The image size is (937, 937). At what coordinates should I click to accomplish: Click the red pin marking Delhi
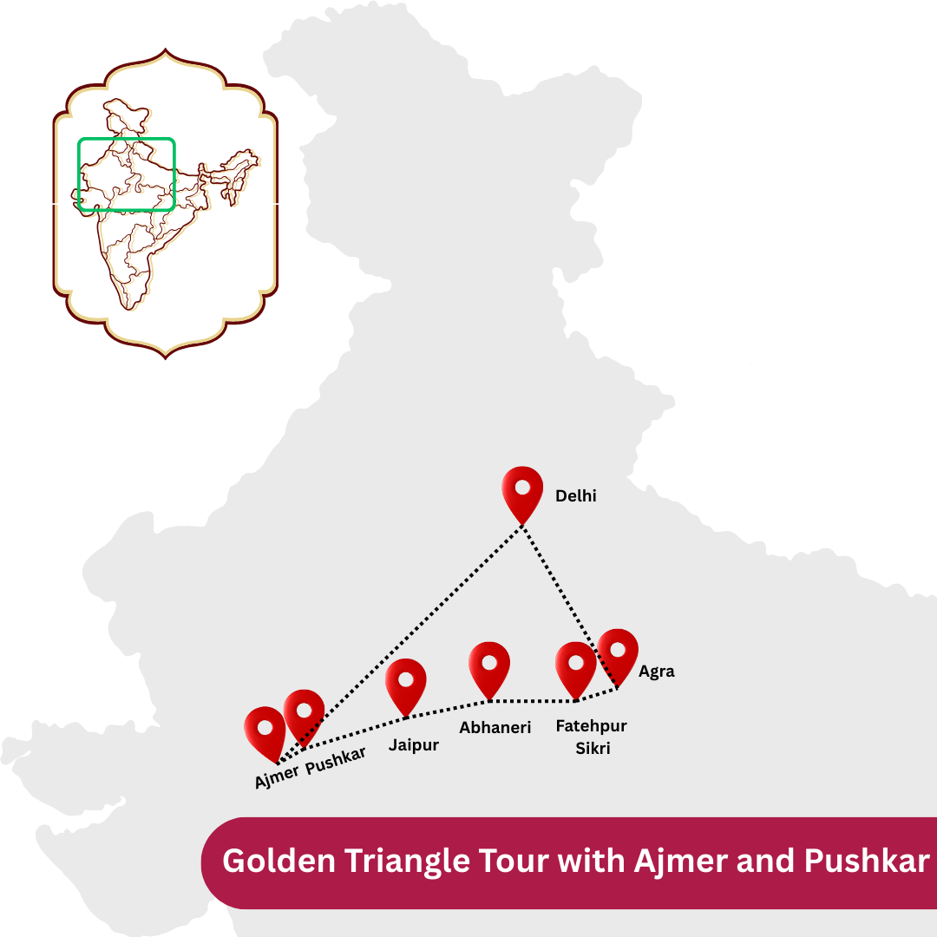coord(522,490)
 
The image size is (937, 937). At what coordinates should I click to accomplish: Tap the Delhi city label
coord(576,496)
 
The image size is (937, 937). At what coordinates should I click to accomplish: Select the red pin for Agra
coord(618,652)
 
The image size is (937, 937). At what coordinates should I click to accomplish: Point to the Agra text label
coord(657,672)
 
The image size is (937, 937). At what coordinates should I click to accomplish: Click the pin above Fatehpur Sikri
coord(576,666)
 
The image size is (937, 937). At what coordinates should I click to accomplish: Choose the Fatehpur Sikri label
coord(592,737)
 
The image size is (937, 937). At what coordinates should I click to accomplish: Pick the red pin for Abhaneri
coord(489,666)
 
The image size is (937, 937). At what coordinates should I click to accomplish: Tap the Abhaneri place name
coord(495,728)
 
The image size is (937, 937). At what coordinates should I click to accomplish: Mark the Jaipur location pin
coord(406,683)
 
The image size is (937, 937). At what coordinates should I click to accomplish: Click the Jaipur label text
coord(414,745)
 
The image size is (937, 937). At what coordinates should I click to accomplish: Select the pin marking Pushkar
coord(304,714)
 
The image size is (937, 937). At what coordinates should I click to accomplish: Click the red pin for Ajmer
coord(265,731)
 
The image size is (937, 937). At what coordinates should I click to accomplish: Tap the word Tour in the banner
coord(518,862)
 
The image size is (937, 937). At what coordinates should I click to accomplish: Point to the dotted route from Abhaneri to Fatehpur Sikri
coord(534,700)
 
